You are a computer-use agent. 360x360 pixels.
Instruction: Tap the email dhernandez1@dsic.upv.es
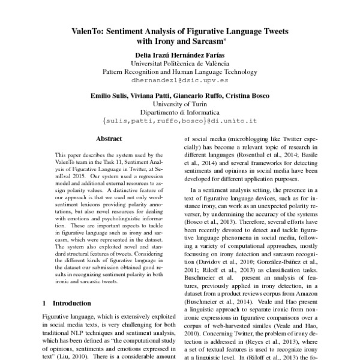coord(179,79)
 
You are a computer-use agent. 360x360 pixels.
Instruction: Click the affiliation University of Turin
coord(179,104)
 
